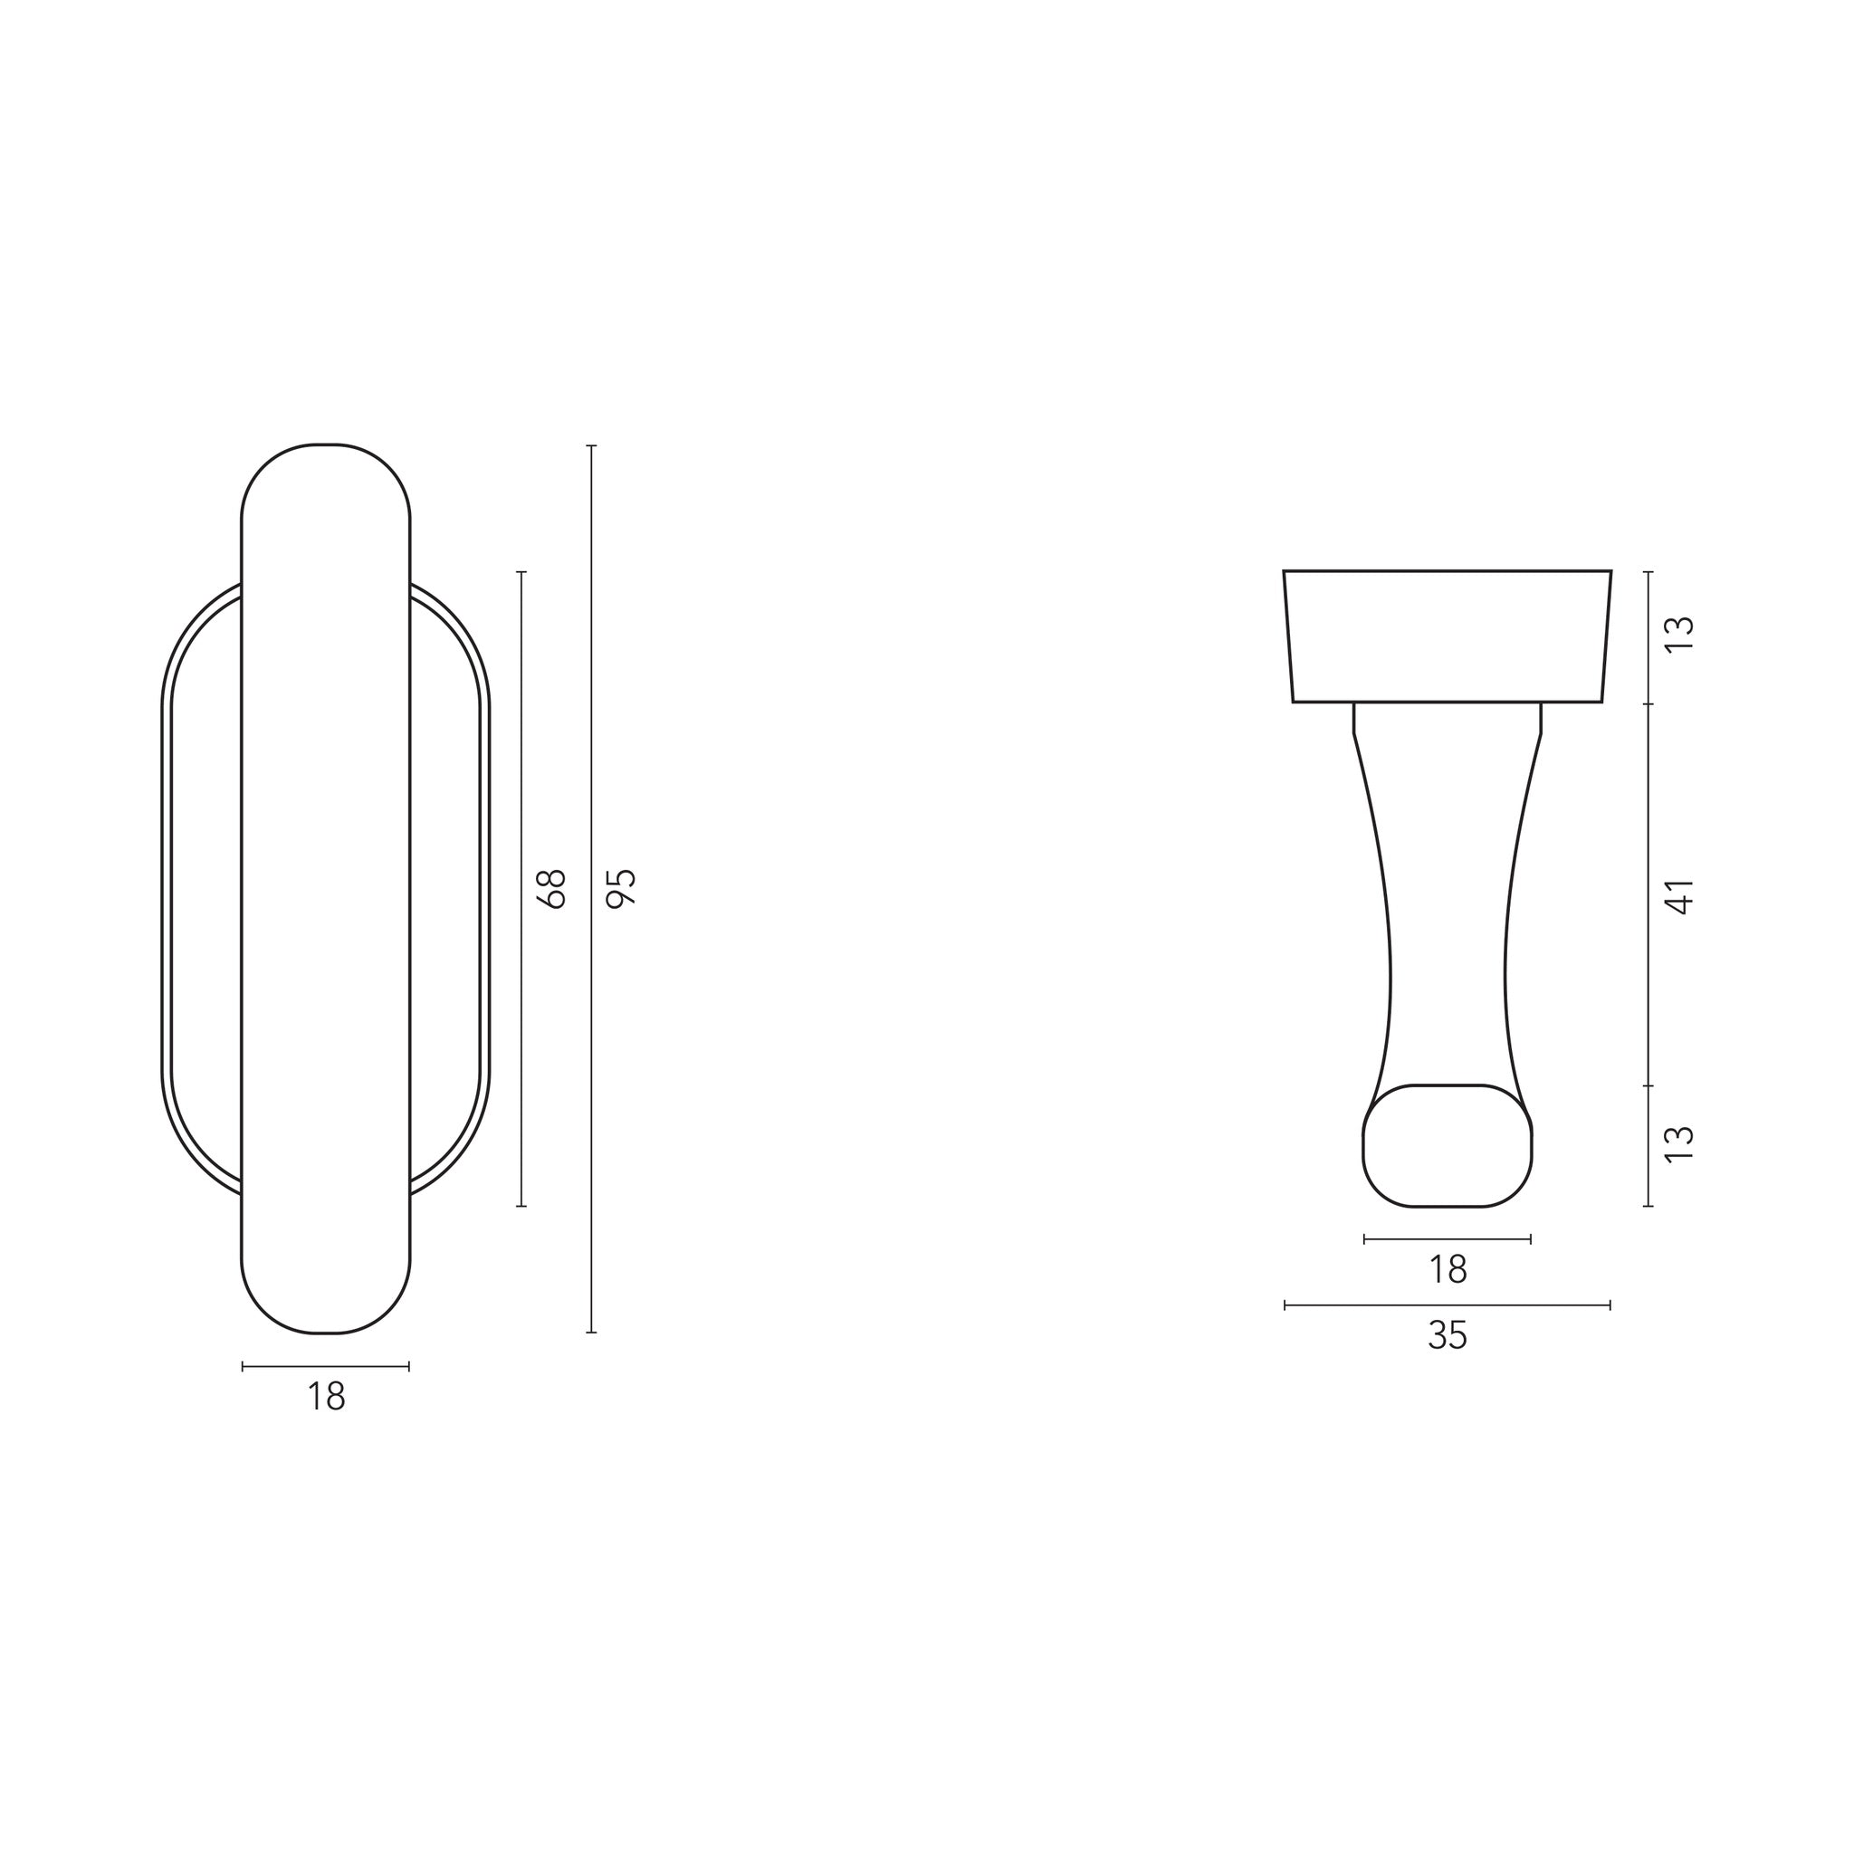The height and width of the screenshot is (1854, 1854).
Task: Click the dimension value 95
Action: tap(624, 888)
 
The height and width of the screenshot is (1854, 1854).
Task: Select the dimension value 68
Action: tap(555, 889)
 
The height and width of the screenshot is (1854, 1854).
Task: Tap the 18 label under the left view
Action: tap(326, 1397)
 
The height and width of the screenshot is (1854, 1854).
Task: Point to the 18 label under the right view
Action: tap(1448, 1270)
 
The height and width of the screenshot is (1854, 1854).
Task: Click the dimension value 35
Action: tap(1448, 1336)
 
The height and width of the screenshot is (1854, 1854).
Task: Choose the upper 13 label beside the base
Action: tap(1680, 635)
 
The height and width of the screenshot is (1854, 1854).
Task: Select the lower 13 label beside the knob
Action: tap(1680, 1145)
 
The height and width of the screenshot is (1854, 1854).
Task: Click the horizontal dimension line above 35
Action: tap(1448, 1305)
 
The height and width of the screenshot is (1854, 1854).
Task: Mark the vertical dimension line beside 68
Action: tap(522, 889)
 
